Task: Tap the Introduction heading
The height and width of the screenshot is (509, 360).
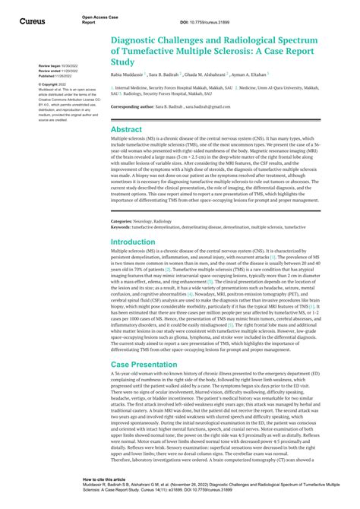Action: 133,242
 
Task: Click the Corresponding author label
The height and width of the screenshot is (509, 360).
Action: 137,107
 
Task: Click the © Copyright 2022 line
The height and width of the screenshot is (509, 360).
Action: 53,84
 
